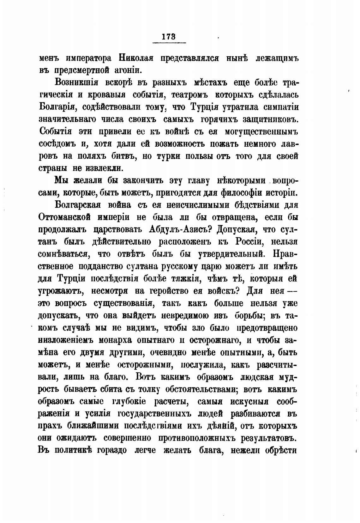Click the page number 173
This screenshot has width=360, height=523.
[169, 37]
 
